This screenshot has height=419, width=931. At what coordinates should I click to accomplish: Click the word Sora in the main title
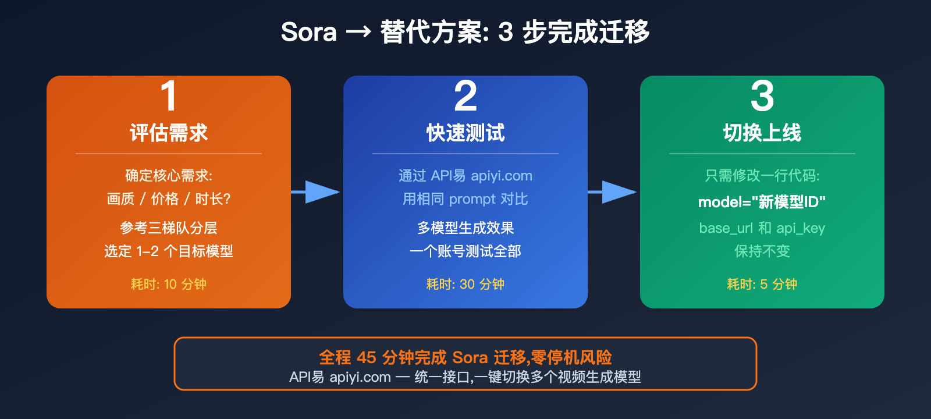308,32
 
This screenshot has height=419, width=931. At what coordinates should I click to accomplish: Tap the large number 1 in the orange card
169,96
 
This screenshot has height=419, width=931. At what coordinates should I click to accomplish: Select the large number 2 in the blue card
465,96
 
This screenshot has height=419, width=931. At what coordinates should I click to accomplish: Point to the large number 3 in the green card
762,96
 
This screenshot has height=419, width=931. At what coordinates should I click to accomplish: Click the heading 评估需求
169,133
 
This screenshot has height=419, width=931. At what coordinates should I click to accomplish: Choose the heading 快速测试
465,133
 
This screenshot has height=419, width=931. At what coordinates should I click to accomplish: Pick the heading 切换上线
762,133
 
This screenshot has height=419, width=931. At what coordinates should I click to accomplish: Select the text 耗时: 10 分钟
169,284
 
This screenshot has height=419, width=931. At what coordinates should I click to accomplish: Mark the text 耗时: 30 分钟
465,284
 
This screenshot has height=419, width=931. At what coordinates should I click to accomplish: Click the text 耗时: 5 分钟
762,284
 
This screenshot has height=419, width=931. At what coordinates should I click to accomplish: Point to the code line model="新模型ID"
762,202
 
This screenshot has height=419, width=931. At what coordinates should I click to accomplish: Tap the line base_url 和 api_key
762,228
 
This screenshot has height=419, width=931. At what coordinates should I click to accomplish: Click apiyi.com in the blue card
502,176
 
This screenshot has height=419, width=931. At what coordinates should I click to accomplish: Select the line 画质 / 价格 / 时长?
169,199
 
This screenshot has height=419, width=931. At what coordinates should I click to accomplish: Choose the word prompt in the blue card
472,199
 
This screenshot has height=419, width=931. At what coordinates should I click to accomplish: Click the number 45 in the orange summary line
367,357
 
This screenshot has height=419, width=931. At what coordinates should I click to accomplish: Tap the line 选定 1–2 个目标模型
169,251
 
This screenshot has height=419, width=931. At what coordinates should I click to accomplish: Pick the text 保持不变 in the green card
762,251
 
